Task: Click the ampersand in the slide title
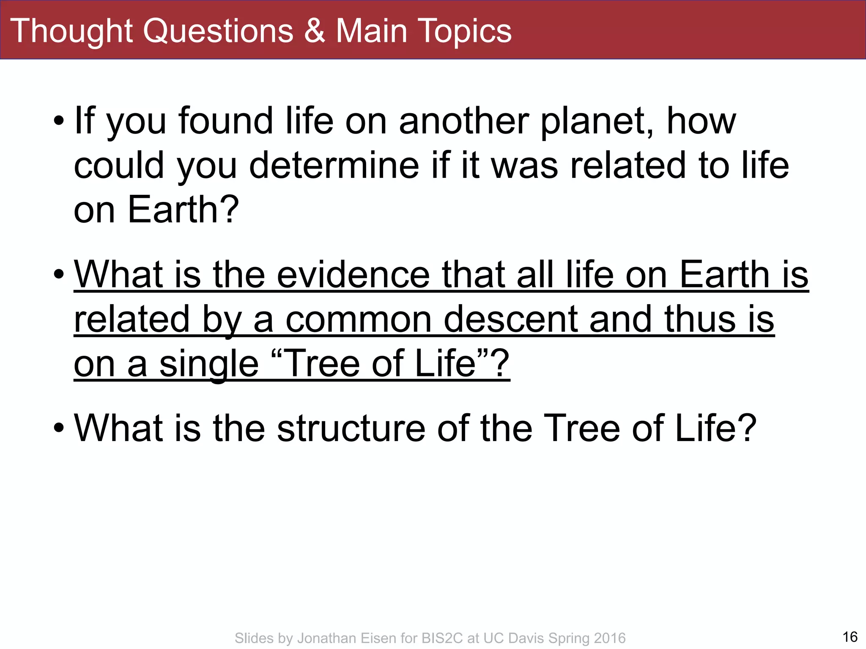[315, 31]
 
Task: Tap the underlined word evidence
[354, 275]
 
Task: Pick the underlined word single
[209, 364]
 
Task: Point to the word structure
[351, 428]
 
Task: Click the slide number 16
[850, 637]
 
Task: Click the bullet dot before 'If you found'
[59, 122]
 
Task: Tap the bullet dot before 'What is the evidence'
[59, 275]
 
